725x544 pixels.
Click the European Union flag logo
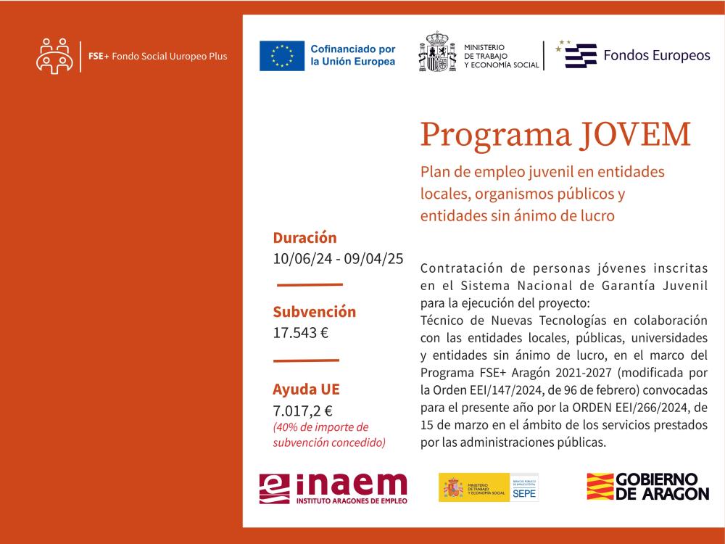(x=282, y=56)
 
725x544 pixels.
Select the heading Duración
(x=304, y=238)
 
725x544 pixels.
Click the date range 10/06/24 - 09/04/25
(x=338, y=258)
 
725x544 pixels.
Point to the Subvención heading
(x=314, y=312)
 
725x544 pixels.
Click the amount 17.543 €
(x=300, y=333)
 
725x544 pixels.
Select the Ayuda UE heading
(x=306, y=388)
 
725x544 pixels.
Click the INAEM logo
(x=333, y=487)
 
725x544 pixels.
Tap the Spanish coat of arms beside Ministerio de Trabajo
(x=436, y=51)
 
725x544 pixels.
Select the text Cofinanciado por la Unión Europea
(x=352, y=55)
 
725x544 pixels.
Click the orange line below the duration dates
(x=310, y=284)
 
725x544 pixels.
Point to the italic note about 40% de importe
(x=328, y=434)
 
